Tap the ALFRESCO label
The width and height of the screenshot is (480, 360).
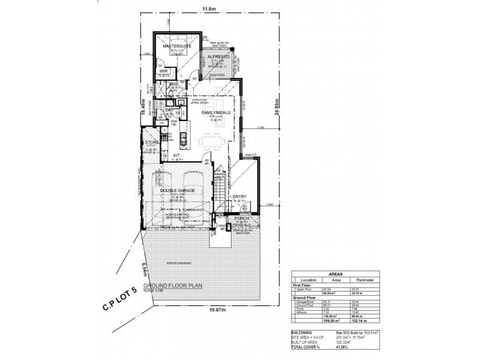pyautogui.click(x=219, y=56)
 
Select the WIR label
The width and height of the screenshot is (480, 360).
pyautogui.click(x=163, y=70)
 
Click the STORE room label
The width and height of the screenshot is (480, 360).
pyautogui.click(x=151, y=142)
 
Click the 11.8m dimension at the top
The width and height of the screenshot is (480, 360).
pyautogui.click(x=208, y=8)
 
